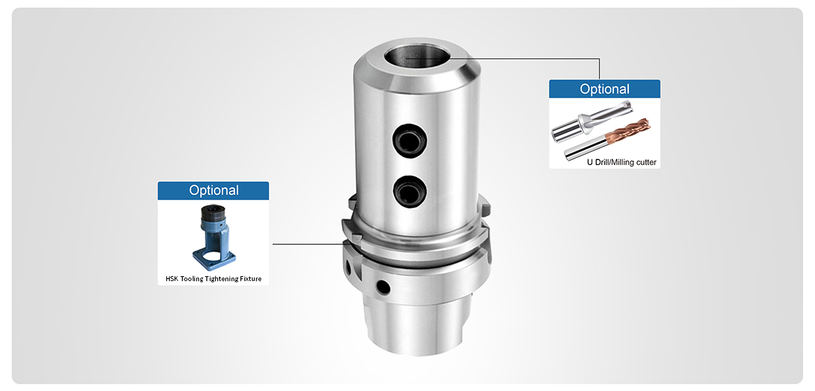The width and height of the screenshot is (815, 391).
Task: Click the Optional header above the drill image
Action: [604, 89]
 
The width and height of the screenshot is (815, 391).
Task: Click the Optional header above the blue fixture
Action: [213, 191]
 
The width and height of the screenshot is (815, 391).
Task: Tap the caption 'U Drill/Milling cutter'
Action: [621, 162]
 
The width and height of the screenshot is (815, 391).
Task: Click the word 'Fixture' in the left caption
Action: [247, 278]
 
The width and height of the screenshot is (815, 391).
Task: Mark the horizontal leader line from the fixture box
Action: [306, 244]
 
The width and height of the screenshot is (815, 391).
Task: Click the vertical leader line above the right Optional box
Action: [599, 69]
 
